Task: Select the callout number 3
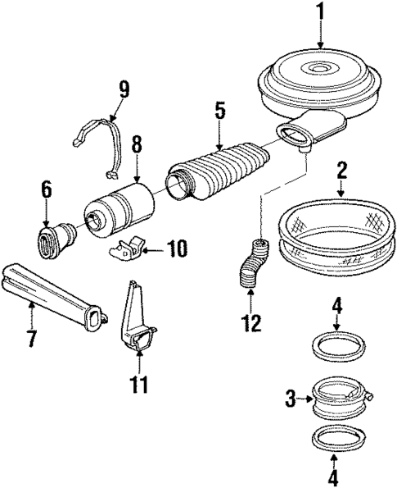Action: pyautogui.click(x=290, y=399)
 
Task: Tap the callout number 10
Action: pyautogui.click(x=178, y=248)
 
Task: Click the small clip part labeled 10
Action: pyautogui.click(x=133, y=246)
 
